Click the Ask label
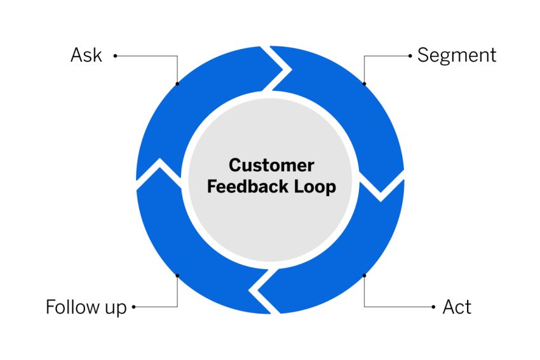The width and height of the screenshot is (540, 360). click(86, 55)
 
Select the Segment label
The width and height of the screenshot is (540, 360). click(457, 55)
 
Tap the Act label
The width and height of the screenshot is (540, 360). click(457, 307)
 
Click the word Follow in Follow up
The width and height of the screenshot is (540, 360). click(73, 307)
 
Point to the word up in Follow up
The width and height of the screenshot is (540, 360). click(116, 309)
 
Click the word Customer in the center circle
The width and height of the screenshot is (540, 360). click(271, 166)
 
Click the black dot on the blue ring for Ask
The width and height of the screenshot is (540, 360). click(177, 83)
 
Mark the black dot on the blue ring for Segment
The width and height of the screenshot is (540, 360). click(364, 83)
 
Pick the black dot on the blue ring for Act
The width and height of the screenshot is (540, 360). click(364, 276)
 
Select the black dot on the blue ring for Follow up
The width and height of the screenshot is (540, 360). click(177, 276)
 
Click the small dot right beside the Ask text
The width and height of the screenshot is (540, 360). click(115, 56)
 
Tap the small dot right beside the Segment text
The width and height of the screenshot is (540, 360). click(410, 56)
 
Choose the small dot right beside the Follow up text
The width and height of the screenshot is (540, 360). click(134, 307)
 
